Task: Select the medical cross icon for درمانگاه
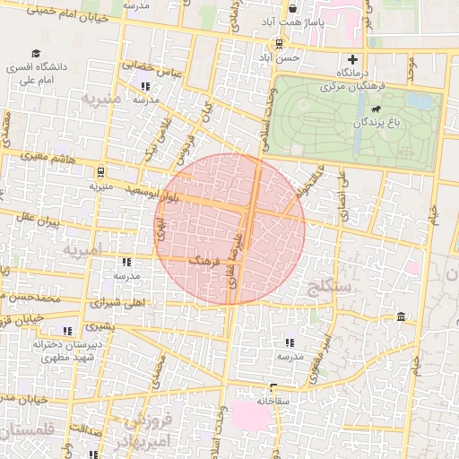click(353, 59)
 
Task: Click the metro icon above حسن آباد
click(279, 43)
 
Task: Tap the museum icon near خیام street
click(399, 316)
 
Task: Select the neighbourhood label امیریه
click(84, 248)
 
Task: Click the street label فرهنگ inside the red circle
click(204, 261)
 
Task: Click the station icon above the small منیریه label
click(100, 171)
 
